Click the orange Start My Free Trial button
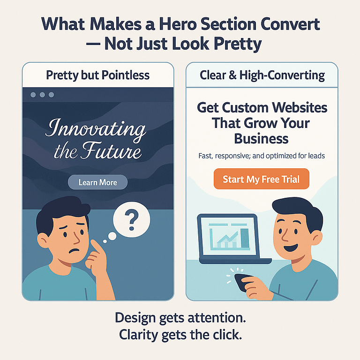(x=261, y=179)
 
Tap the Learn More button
(x=97, y=182)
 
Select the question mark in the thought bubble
(x=132, y=218)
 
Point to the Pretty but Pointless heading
(x=97, y=75)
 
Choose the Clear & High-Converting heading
(x=262, y=75)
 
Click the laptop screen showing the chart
(x=227, y=237)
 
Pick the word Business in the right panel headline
(x=261, y=138)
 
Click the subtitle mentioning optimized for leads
(x=261, y=156)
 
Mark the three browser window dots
(x=42, y=95)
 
